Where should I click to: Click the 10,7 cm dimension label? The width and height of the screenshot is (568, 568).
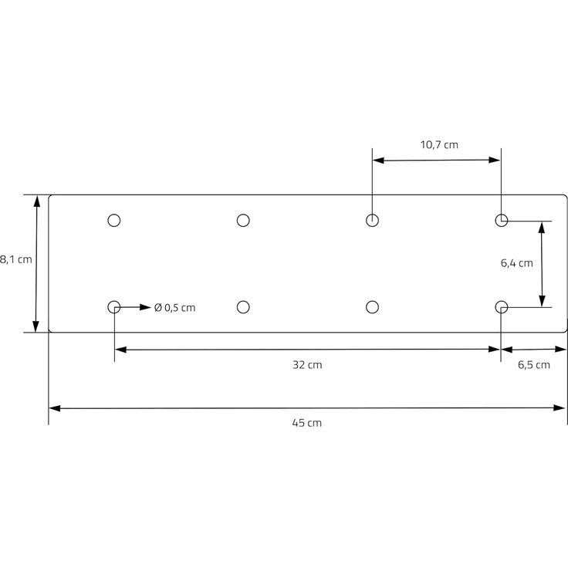tap(438, 144)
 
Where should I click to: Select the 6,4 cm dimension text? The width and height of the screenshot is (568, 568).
tap(516, 263)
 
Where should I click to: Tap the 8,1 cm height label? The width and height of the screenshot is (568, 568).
tap(15, 259)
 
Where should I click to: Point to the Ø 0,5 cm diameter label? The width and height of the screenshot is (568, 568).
tap(174, 307)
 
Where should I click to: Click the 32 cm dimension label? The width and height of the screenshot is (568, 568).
tap(307, 365)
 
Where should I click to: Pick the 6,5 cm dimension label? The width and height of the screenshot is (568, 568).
tap(533, 365)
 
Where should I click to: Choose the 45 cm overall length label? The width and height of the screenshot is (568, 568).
tap(307, 423)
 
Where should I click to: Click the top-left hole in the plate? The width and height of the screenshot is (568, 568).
tap(114, 221)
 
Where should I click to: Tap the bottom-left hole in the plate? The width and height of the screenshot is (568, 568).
tap(114, 307)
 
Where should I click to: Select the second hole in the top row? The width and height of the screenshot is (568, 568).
tap(243, 221)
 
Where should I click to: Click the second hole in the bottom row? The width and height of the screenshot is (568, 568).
tap(243, 307)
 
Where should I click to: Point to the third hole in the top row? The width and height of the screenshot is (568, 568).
tap(372, 221)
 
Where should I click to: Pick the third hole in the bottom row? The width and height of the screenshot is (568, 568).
tap(372, 307)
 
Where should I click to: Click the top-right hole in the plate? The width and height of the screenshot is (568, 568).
tap(501, 221)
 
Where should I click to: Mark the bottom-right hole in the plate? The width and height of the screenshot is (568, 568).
tap(501, 307)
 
